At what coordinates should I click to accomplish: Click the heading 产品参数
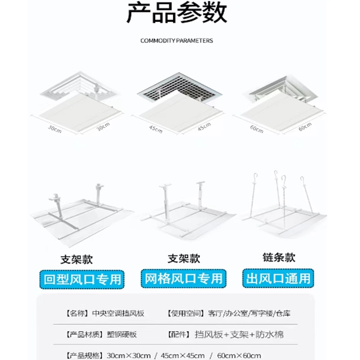(x=176, y=14)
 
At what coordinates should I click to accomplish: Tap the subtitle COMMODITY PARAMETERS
(x=176, y=40)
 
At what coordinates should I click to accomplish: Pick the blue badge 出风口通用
(x=278, y=278)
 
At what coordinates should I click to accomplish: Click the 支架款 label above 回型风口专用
(x=79, y=260)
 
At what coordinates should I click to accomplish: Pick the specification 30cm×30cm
(x=128, y=355)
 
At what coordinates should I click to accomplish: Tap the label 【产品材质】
(x=85, y=335)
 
